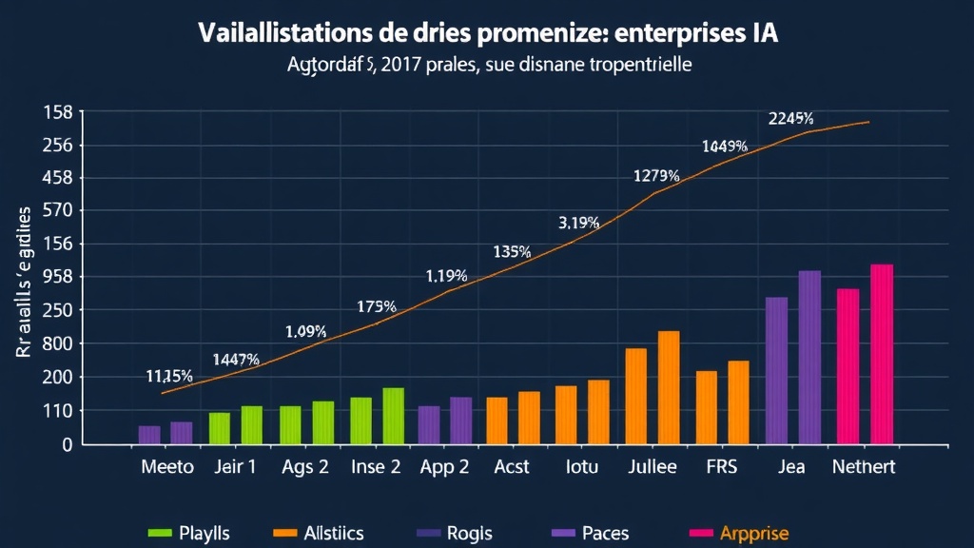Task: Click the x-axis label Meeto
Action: click(x=166, y=467)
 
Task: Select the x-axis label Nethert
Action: click(x=863, y=467)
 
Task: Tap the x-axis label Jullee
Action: click(x=653, y=467)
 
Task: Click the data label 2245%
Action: click(x=790, y=118)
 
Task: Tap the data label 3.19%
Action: click(x=578, y=224)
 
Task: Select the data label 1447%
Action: click(x=236, y=360)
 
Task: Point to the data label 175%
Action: click(x=377, y=306)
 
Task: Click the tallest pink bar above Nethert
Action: click(x=882, y=354)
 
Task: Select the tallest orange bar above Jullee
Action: click(x=669, y=387)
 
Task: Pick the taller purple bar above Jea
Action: click(x=809, y=358)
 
